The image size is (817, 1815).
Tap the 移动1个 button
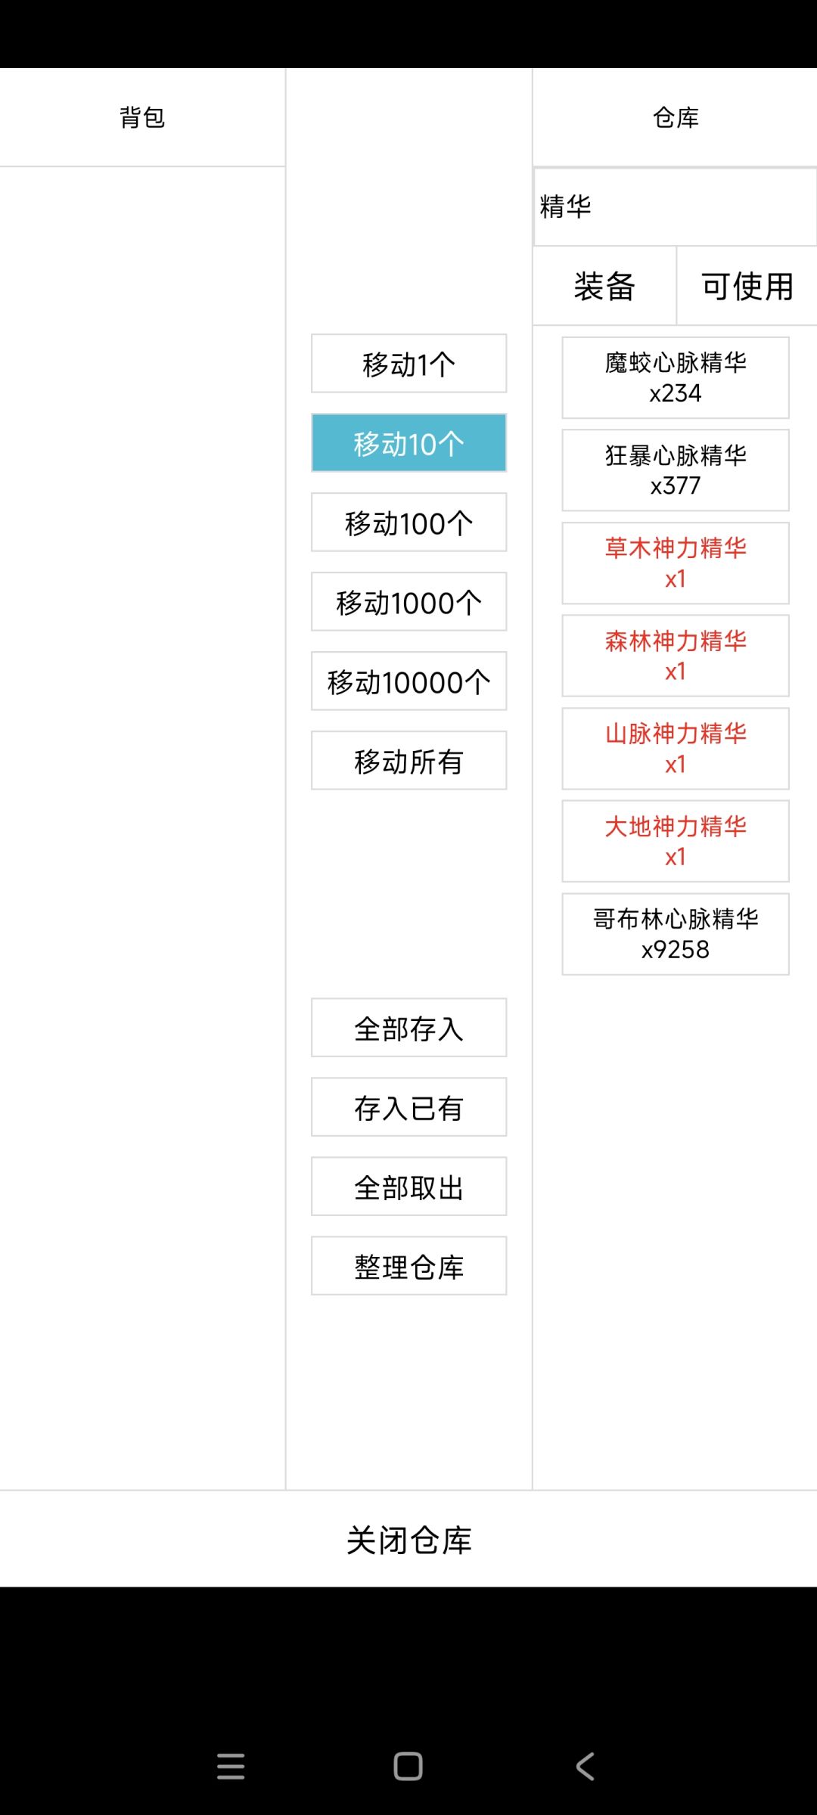tap(408, 364)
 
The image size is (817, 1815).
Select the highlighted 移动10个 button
tap(408, 443)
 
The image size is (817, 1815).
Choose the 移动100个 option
tap(408, 523)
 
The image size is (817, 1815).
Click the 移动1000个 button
tap(408, 602)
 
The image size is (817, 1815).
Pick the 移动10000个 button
tap(408, 681)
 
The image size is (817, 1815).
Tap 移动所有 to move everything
tap(408, 761)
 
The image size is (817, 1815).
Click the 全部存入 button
tap(408, 1028)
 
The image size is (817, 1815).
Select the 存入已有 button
tap(408, 1107)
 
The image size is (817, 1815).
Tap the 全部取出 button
tap(408, 1187)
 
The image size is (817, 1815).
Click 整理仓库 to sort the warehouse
tap(408, 1266)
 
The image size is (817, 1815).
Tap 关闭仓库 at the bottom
tap(408, 1540)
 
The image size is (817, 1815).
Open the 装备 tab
tap(604, 287)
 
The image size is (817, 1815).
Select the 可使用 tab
tap(747, 287)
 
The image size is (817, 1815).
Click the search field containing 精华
tap(675, 206)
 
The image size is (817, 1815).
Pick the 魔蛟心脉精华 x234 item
tap(676, 378)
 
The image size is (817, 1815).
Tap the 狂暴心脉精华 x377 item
tap(676, 470)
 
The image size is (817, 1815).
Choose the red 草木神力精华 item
tap(676, 563)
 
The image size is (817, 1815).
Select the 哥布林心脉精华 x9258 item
tap(676, 934)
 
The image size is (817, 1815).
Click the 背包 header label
tap(142, 117)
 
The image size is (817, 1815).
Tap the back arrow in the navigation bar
tap(586, 1767)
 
